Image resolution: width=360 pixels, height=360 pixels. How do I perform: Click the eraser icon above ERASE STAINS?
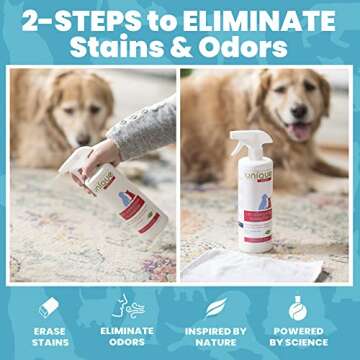pos(49,307)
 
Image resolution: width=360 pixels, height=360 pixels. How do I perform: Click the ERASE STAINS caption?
pos(49,337)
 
